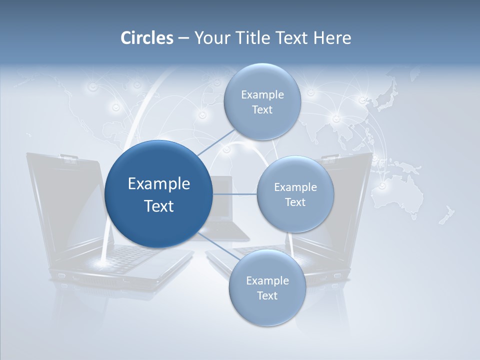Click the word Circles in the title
pos(147,38)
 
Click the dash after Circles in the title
pos(183,38)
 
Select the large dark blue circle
pos(158,194)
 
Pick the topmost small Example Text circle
pos(262,102)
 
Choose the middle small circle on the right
pos(295,194)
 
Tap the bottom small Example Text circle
pos(267,288)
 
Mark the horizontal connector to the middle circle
pos(234,194)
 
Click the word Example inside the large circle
pos(158,183)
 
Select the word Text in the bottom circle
pos(267,296)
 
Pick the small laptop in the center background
pos(225,210)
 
